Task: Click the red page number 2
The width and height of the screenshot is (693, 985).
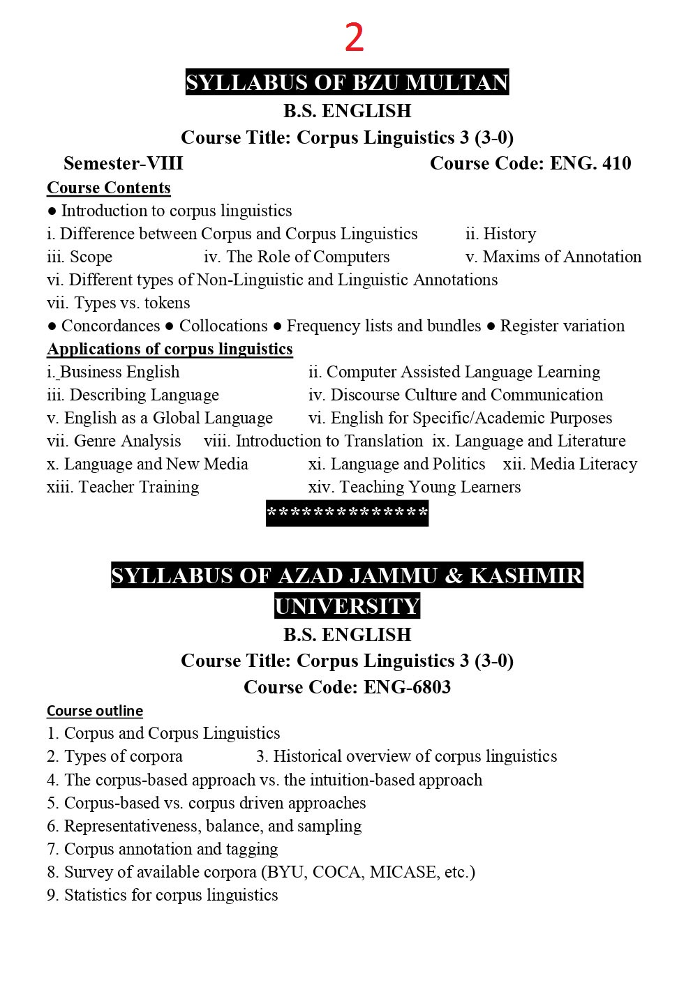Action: click(354, 38)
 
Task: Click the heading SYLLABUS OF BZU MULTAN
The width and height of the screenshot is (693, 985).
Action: click(347, 82)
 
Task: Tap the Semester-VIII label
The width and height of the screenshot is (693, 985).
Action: click(123, 163)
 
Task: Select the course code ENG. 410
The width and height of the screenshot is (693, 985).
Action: click(590, 163)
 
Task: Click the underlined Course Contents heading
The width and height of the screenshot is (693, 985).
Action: click(108, 188)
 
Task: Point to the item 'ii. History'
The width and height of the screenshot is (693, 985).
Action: click(500, 234)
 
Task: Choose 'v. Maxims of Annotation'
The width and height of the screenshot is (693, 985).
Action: click(553, 257)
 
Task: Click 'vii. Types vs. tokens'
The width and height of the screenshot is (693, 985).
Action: click(118, 303)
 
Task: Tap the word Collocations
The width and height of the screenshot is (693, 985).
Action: click(223, 326)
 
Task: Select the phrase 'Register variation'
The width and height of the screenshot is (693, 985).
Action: click(562, 326)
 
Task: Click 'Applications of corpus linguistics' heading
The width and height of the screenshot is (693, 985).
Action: click(170, 349)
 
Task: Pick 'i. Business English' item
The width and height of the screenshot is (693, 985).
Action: click(113, 372)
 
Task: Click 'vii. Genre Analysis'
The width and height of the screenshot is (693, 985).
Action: click(114, 441)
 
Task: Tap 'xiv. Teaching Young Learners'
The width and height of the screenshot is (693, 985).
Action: click(414, 487)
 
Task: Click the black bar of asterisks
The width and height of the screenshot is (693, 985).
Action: click(347, 513)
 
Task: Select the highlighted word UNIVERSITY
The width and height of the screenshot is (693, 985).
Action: click(347, 606)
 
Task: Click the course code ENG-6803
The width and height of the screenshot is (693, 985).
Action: click(407, 687)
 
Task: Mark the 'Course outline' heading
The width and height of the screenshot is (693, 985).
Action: click(94, 711)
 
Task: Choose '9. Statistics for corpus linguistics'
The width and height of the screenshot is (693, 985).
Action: click(162, 895)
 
